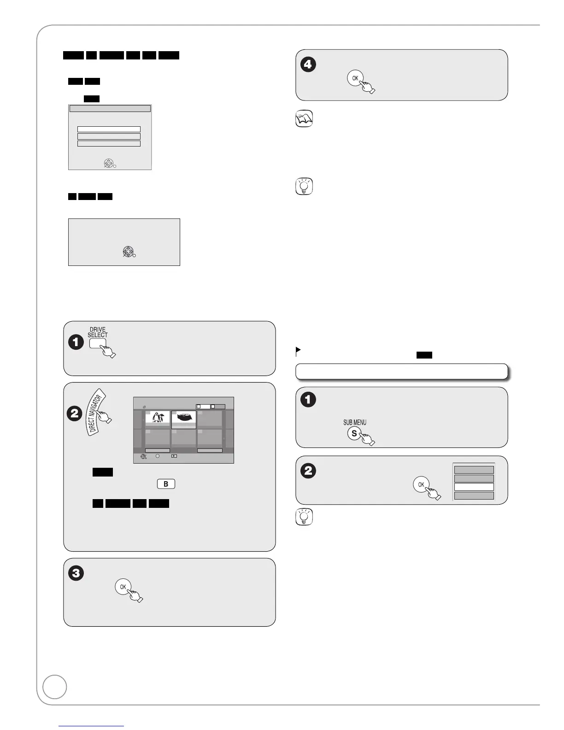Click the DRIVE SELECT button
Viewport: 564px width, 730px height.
point(97,343)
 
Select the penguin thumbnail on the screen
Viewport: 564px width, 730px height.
point(158,418)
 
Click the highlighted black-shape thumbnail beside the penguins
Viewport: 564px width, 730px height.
point(184,419)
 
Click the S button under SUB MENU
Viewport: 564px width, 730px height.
point(354,434)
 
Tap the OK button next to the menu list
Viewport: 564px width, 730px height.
point(421,484)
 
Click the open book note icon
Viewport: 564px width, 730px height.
point(304,119)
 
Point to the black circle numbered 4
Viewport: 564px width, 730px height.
point(308,64)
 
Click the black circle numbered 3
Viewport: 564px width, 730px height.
point(76,573)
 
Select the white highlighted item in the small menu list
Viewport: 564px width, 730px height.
point(474,487)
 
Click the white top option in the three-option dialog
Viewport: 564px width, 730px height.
point(109,130)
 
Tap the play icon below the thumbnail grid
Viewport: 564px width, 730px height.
point(174,456)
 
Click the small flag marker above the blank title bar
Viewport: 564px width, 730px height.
point(298,351)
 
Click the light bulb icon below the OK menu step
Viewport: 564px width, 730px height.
point(304,517)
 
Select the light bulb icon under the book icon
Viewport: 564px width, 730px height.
point(304,186)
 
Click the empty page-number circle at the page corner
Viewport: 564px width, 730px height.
point(54,687)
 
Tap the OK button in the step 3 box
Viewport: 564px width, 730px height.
point(123,587)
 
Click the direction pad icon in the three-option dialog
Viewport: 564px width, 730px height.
point(108,163)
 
